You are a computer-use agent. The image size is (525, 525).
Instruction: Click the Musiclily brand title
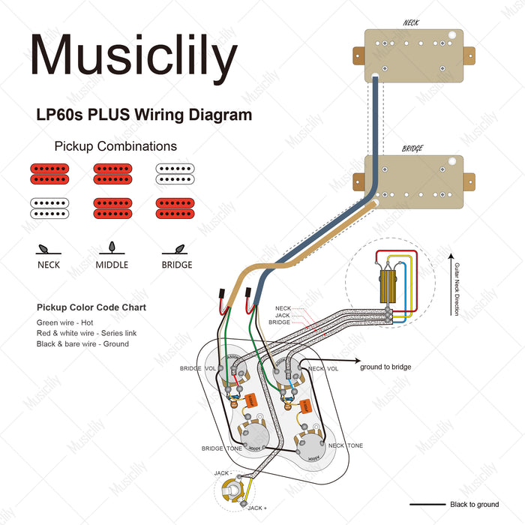(x=134, y=56)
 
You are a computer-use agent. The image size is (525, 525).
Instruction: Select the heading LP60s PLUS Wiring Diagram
(x=144, y=115)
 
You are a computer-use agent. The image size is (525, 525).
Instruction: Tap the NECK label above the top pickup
(x=412, y=22)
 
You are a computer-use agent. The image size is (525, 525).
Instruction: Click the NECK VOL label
(x=322, y=368)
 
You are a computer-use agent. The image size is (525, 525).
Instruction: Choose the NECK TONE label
(x=345, y=445)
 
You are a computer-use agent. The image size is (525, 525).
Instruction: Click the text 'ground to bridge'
(x=385, y=367)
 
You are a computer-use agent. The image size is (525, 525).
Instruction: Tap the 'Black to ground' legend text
(x=474, y=505)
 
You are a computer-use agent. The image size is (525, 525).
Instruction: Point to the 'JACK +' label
(x=256, y=508)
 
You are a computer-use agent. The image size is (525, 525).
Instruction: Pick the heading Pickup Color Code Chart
(x=91, y=307)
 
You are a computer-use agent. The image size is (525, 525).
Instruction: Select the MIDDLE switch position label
(x=112, y=265)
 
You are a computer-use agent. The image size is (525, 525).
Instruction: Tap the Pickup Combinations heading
(x=115, y=146)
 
